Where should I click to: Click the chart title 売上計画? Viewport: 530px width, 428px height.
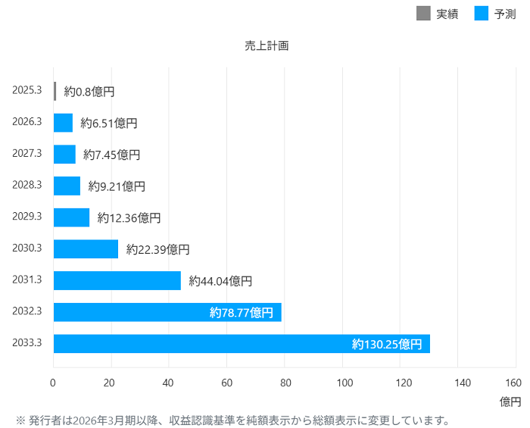(x=267, y=45)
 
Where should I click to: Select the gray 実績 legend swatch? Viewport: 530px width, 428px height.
(x=423, y=13)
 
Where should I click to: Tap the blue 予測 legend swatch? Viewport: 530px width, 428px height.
(x=481, y=13)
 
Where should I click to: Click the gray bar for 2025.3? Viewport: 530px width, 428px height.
(x=55, y=91)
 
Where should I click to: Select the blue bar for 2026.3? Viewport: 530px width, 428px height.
(x=63, y=123)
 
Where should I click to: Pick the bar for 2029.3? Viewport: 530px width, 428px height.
(x=71, y=217)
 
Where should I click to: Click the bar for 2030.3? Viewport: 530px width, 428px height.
(x=86, y=249)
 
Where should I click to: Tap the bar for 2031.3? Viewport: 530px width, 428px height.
(x=117, y=280)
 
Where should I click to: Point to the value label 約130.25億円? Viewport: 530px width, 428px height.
(x=387, y=344)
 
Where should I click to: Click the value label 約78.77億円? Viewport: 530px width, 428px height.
(x=241, y=312)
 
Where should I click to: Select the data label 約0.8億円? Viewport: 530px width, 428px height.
(x=89, y=91)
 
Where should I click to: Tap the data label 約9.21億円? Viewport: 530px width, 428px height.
(x=117, y=186)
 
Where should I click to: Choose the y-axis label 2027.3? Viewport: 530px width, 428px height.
(x=27, y=153)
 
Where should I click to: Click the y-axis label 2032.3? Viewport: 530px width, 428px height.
(x=27, y=311)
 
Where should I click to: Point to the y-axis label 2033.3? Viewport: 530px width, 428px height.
(x=27, y=342)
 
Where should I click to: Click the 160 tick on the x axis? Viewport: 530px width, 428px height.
(x=514, y=383)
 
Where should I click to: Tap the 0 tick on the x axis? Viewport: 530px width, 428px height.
(x=53, y=383)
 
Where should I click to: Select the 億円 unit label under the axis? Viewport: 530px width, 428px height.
(x=510, y=400)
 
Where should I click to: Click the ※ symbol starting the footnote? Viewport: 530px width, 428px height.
(x=20, y=420)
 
